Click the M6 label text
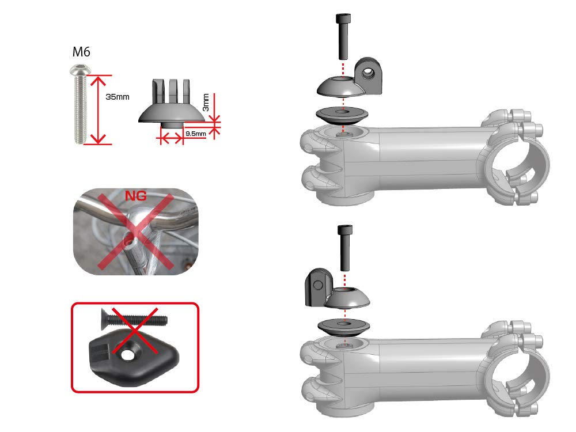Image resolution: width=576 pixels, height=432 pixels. tap(81, 52)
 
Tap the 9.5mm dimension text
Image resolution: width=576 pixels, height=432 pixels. tap(195, 134)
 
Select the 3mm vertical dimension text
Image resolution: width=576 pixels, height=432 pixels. tap(206, 104)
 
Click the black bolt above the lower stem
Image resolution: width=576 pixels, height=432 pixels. tap(346, 248)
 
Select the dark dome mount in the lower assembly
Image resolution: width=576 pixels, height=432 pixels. tap(346, 297)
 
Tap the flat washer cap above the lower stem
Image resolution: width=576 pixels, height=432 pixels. tap(344, 327)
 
